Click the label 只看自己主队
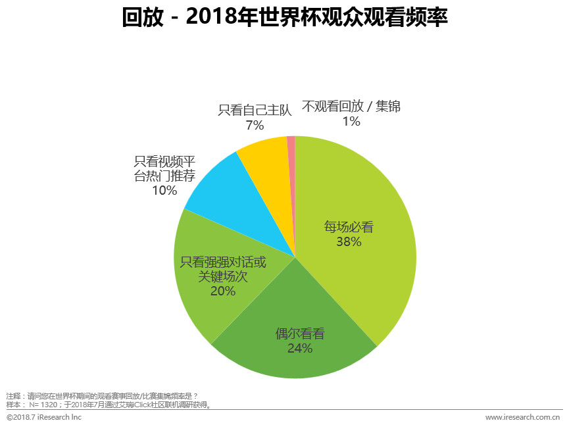tap(255, 110)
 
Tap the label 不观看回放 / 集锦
tap(351, 106)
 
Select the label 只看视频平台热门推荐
tap(164, 168)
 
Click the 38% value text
tap(349, 242)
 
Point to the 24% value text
tap(300, 349)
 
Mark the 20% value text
tap(223, 291)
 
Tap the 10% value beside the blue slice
tap(164, 191)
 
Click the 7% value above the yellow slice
tap(255, 124)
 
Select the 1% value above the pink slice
tap(351, 121)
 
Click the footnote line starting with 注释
tap(102, 396)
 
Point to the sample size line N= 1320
tap(109, 405)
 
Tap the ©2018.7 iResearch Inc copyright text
tap(44, 417)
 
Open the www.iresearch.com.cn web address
tap(522, 417)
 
